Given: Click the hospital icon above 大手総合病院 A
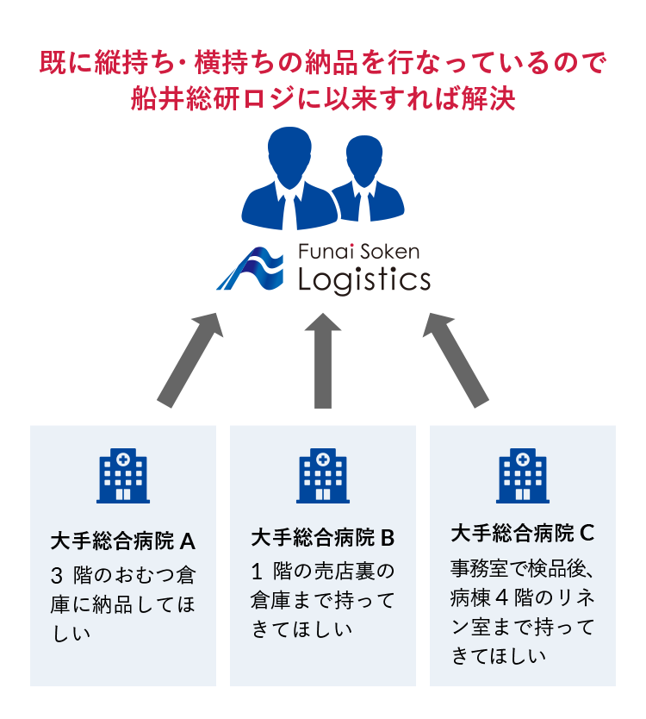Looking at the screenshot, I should coord(122,476).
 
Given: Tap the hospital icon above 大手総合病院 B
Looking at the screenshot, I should coord(323,476).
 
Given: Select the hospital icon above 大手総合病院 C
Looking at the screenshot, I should coord(523,476).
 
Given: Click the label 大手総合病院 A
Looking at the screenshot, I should coord(123,541).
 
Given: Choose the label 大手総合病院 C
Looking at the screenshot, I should coord(523,533).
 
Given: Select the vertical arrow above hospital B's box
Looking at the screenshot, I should coord(323,359).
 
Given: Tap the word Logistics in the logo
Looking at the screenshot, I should coord(363,279).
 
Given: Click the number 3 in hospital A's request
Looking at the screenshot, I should coord(57,575).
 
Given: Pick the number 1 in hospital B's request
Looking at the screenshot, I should coord(256,571).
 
